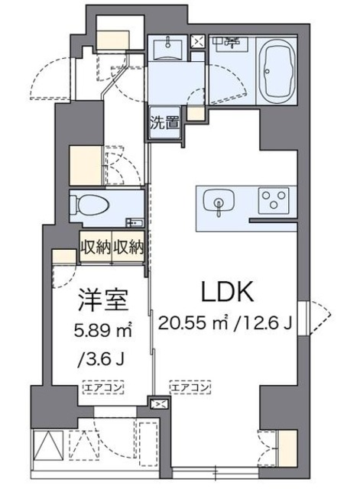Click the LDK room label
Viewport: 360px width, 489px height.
pyautogui.click(x=221, y=293)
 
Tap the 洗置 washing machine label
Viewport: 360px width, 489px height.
pyautogui.click(x=164, y=121)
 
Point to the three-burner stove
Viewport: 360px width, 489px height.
pyautogui.click(x=272, y=200)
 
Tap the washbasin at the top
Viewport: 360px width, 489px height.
pyautogui.click(x=167, y=50)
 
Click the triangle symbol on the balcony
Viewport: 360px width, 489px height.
pyautogui.click(x=47, y=445)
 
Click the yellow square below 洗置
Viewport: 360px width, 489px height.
pyautogui.click(x=195, y=115)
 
